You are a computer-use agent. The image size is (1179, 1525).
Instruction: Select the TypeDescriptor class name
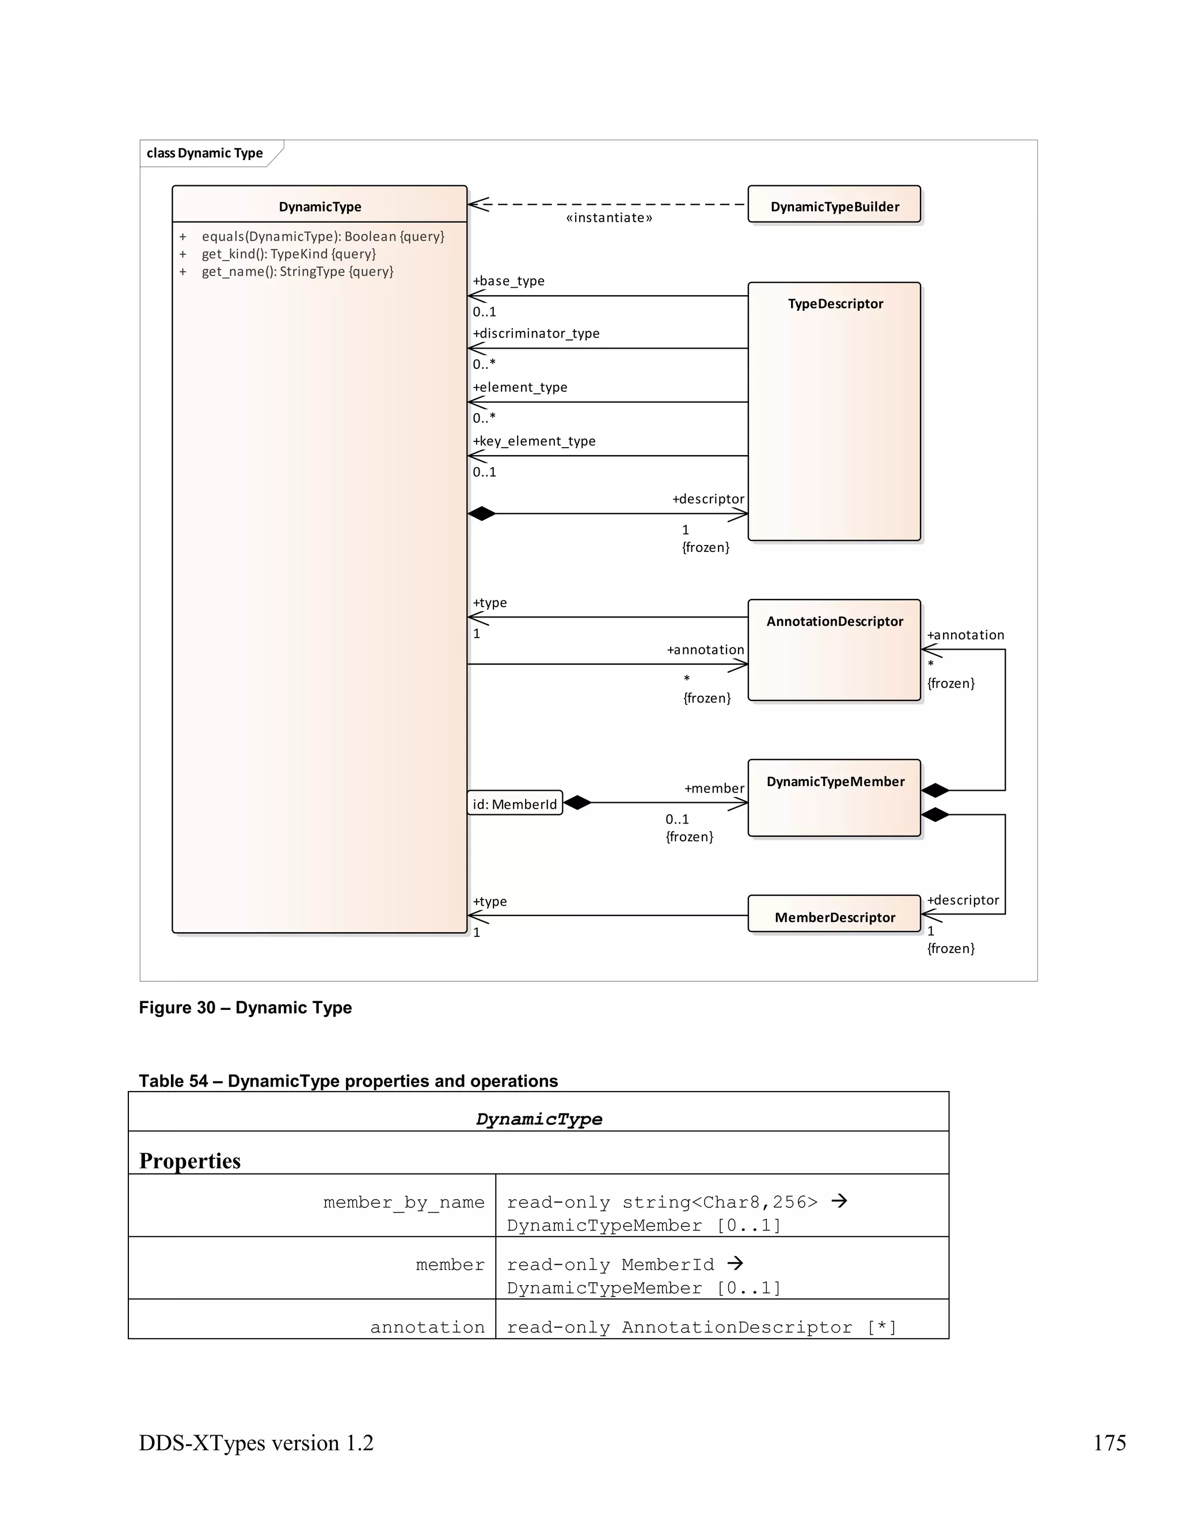pyautogui.click(x=835, y=304)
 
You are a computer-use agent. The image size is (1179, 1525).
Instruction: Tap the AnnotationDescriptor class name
pyautogui.click(x=834, y=622)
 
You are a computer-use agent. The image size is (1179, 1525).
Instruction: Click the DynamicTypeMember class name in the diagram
pyautogui.click(x=835, y=781)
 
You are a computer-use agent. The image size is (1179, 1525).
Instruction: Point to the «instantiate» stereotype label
pyautogui.click(x=609, y=218)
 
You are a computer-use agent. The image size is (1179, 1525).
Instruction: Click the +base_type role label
pyautogui.click(x=508, y=281)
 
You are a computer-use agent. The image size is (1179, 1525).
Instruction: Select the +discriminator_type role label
pyautogui.click(x=536, y=333)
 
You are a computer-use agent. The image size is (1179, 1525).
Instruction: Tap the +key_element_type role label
pyautogui.click(x=534, y=441)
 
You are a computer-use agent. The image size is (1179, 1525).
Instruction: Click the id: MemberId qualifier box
pyautogui.click(x=515, y=804)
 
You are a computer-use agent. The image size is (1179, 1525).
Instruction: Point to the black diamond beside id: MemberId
pyautogui.click(x=577, y=803)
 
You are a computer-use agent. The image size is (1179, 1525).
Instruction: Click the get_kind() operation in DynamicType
pyautogui.click(x=288, y=253)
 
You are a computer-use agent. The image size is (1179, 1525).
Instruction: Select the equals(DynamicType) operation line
pyautogui.click(x=323, y=236)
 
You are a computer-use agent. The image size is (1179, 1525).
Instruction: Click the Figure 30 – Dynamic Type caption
pyautogui.click(x=245, y=1008)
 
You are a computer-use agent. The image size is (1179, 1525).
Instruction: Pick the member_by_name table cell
pyautogui.click(x=403, y=1202)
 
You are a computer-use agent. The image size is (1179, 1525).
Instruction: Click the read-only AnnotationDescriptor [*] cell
pyautogui.click(x=701, y=1326)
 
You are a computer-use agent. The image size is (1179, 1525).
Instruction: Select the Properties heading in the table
pyautogui.click(x=190, y=1161)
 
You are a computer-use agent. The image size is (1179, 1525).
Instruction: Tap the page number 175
pyautogui.click(x=1109, y=1443)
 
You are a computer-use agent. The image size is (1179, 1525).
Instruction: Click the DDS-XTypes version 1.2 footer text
pyautogui.click(x=256, y=1443)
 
